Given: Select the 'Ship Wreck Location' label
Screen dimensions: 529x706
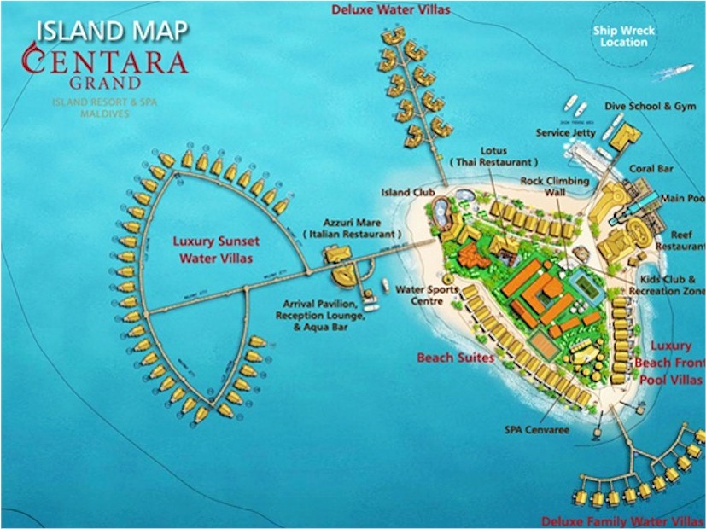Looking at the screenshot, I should pyautogui.click(x=623, y=36).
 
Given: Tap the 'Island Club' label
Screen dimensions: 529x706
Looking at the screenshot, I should pyautogui.click(x=408, y=193).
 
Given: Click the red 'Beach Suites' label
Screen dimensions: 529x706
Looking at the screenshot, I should pyautogui.click(x=455, y=358).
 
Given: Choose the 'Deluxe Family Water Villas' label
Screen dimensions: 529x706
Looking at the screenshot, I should pyautogui.click(x=622, y=520).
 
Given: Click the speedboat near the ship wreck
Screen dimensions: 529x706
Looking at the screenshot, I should pyautogui.click(x=681, y=67).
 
